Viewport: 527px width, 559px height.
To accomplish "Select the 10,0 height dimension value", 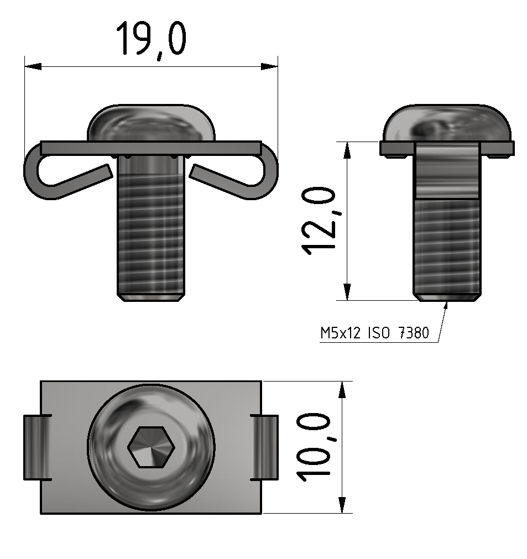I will [314, 446].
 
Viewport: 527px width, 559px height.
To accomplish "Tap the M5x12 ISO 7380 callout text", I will [374, 333].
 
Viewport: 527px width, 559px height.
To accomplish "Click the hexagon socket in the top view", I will [151, 446].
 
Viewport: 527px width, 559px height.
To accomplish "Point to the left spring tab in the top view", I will [34, 447].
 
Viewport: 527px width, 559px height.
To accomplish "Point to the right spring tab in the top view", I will [266, 447].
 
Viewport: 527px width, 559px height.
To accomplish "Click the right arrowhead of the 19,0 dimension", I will [269, 66].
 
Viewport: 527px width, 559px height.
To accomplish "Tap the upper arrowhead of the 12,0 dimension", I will [347, 150].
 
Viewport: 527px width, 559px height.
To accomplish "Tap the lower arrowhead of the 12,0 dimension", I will [347, 291].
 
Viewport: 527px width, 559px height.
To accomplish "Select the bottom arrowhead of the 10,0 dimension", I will [342, 505].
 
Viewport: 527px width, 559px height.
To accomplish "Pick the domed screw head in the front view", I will [151, 123].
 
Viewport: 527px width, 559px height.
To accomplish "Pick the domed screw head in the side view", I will [447, 123].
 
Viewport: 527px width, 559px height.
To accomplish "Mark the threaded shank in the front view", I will [150, 232].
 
